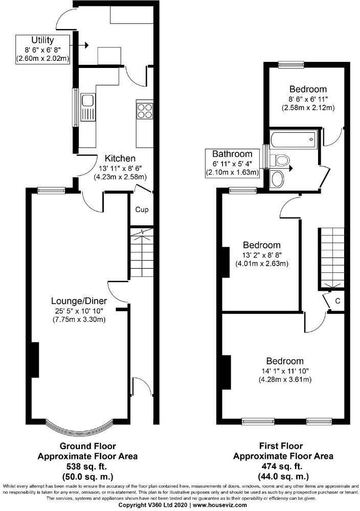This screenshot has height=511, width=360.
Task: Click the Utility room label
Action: [42, 39]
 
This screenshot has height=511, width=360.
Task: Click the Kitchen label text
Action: [120, 158]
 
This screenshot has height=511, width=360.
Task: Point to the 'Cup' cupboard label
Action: [142, 210]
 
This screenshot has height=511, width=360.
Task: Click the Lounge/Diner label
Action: [78, 300]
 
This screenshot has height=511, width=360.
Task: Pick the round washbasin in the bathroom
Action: [278, 179]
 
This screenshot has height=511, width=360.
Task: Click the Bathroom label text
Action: [233, 154]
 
